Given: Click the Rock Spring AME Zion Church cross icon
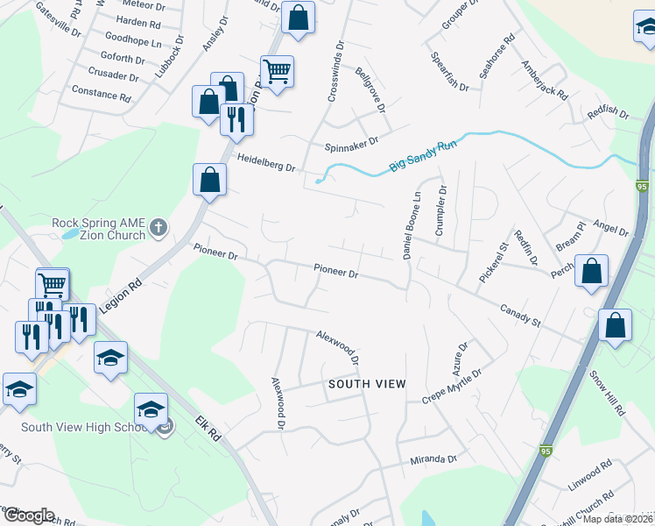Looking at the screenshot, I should click(x=158, y=229).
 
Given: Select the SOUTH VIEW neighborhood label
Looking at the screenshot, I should click(x=367, y=384).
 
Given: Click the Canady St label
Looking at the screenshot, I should click(x=523, y=314).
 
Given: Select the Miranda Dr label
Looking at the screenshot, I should click(x=434, y=459).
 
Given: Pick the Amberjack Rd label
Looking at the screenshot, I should click(x=545, y=80).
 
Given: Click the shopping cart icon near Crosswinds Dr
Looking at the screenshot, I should click(x=277, y=70).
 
